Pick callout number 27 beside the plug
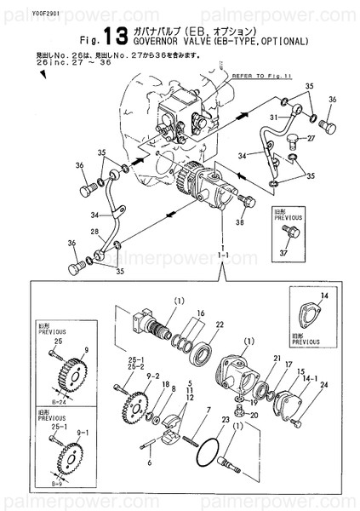[311, 138]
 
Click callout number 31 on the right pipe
[274, 117]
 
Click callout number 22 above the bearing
[219, 324]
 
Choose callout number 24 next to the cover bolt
[323, 384]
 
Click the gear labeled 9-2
[134, 401]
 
